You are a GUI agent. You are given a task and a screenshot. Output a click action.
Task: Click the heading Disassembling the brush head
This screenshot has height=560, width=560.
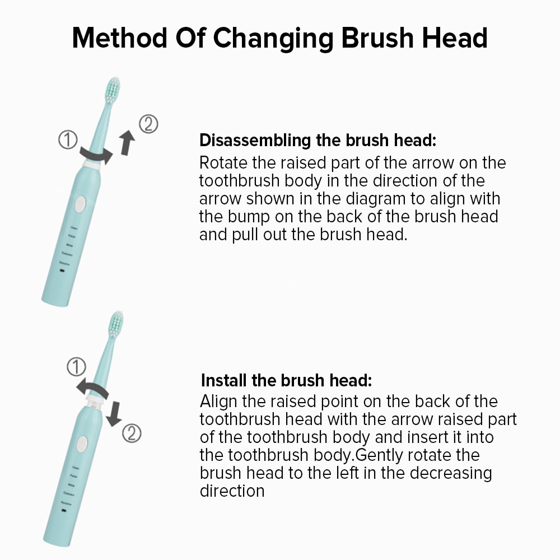tap(318, 139)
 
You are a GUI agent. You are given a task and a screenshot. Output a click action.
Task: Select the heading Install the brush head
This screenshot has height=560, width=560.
tap(286, 381)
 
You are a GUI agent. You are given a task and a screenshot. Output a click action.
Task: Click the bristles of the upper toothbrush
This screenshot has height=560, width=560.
tap(113, 90)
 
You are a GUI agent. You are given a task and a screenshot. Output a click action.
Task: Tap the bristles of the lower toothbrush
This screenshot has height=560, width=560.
tap(115, 324)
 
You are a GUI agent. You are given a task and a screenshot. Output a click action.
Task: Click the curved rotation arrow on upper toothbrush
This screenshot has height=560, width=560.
tap(96, 155)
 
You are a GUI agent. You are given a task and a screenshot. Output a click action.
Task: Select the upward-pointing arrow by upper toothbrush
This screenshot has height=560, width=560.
tap(128, 142)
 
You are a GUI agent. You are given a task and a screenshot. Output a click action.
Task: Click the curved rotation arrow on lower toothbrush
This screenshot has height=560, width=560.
tap(93, 388)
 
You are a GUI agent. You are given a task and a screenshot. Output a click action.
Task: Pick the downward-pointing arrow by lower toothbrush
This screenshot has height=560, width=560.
tap(114, 413)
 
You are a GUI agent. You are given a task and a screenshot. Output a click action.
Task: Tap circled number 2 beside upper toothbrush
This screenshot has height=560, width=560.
tap(148, 124)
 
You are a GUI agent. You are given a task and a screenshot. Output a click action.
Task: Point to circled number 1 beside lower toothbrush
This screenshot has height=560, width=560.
tap(76, 368)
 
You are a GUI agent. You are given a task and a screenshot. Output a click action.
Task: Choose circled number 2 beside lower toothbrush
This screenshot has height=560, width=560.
tap(132, 433)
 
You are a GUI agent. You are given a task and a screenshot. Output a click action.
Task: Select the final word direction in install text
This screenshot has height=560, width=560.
tap(232, 491)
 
